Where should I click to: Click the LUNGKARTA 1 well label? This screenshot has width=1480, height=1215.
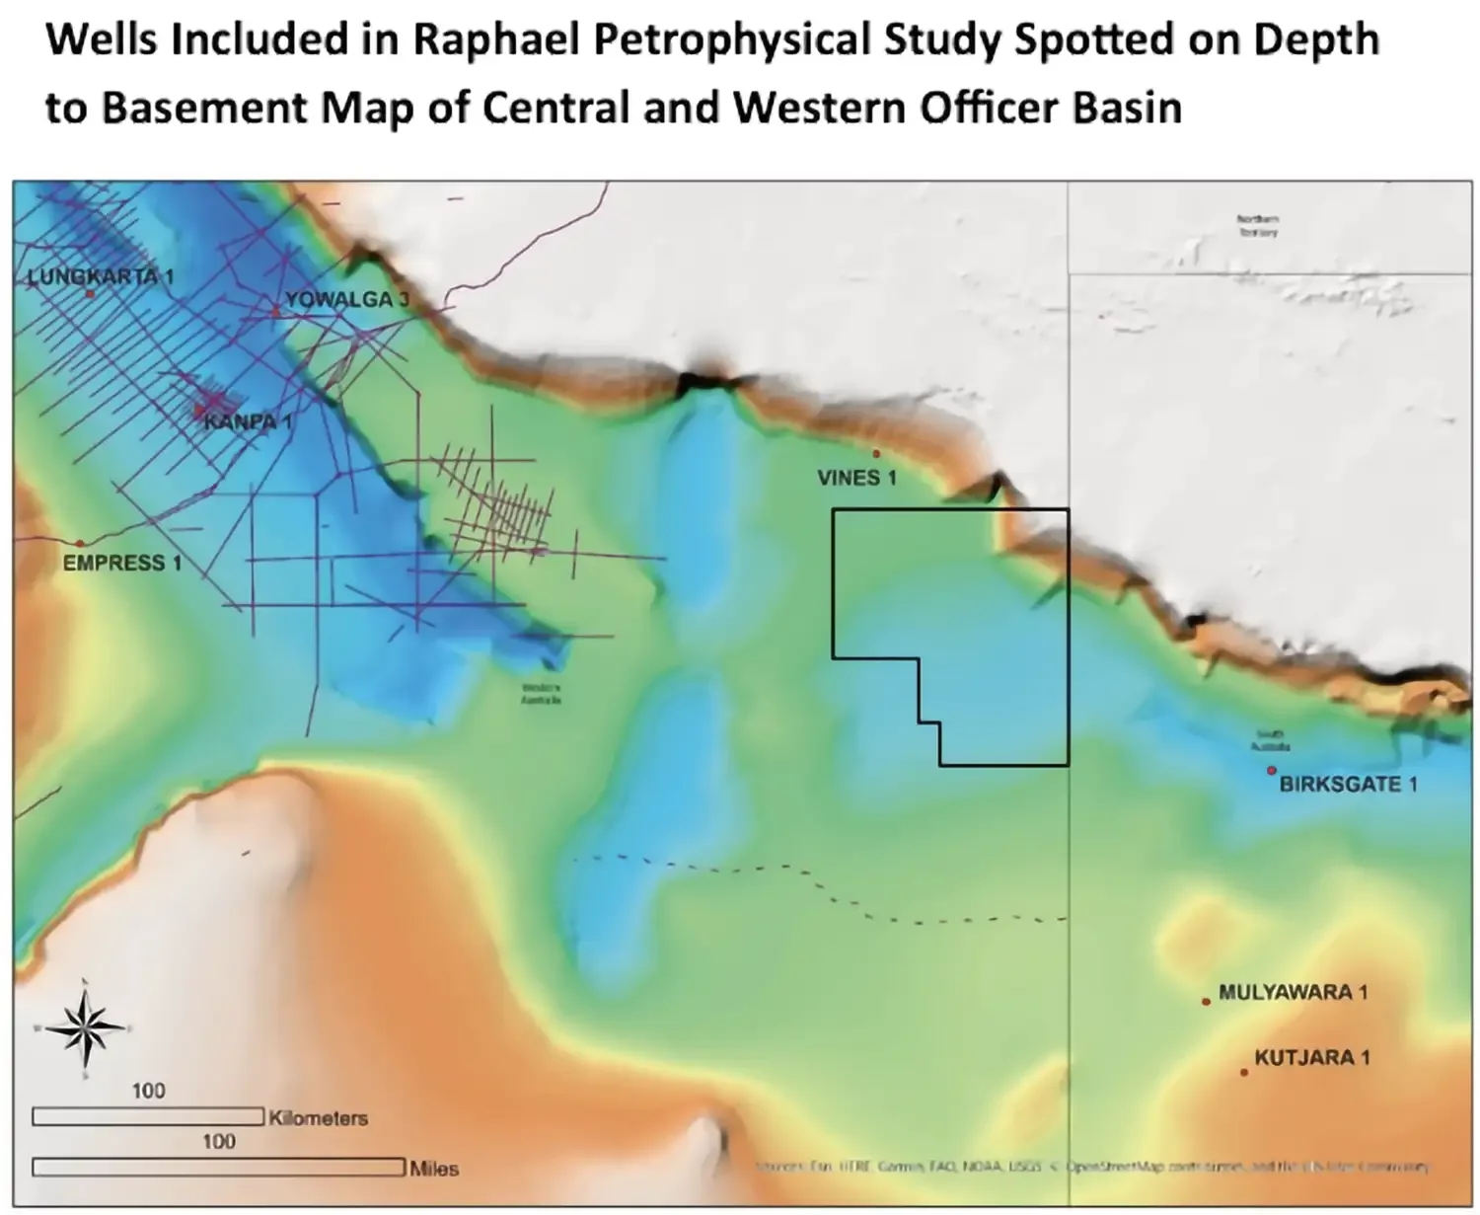click(x=100, y=276)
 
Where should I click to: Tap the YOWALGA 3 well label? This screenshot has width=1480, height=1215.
click(x=345, y=299)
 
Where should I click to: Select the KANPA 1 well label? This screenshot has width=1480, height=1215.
click(x=248, y=421)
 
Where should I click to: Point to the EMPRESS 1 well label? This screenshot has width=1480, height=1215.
click(x=121, y=563)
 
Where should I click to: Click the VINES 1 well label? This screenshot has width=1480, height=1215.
click(x=856, y=478)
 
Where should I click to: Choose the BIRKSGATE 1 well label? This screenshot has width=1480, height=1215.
click(x=1348, y=784)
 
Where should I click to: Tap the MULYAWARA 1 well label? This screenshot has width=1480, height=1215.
click(x=1293, y=992)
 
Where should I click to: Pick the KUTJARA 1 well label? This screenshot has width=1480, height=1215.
click(x=1311, y=1057)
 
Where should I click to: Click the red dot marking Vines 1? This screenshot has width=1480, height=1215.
click(x=876, y=454)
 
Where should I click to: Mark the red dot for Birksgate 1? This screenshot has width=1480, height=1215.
click(x=1272, y=770)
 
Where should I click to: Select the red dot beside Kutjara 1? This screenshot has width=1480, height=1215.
click(x=1244, y=1072)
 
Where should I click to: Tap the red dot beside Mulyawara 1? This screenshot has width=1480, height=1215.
click(x=1206, y=1002)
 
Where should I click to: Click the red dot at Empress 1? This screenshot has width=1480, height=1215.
click(x=80, y=543)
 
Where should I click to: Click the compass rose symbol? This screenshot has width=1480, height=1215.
click(x=86, y=1028)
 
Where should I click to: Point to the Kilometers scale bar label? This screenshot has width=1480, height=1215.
click(x=318, y=1118)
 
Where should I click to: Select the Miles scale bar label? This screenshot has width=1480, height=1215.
click(x=434, y=1169)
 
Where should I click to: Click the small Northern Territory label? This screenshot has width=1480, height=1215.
click(x=1259, y=226)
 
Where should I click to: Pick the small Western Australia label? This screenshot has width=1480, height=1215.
click(x=542, y=693)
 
